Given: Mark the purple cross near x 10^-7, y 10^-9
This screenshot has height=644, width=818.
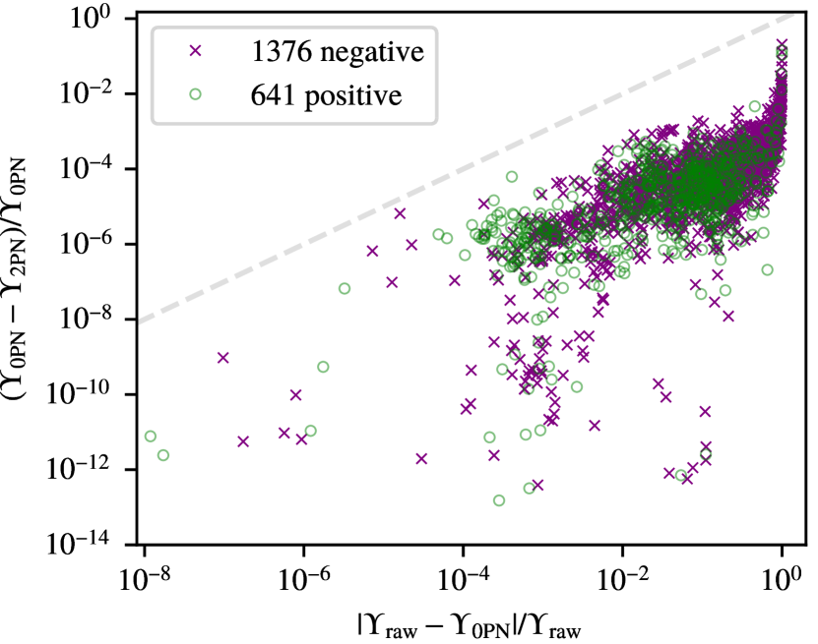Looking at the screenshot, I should pyautogui.click(x=222, y=358).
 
